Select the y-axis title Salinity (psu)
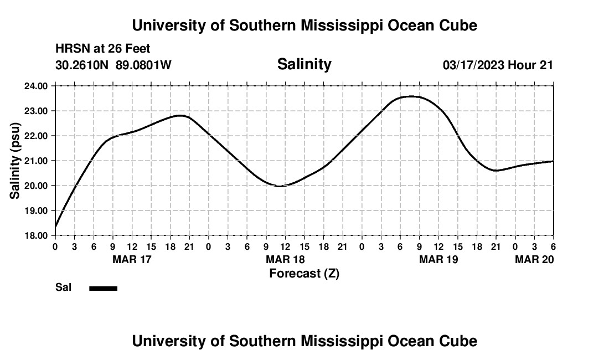point(15,161)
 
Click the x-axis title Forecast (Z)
point(304,273)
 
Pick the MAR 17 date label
point(132,259)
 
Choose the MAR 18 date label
point(285,259)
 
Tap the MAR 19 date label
point(438,259)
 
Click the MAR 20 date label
point(534,259)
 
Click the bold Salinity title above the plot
point(304,64)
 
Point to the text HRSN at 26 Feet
point(103,49)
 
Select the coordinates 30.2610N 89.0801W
point(113,65)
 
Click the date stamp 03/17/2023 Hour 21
point(498,65)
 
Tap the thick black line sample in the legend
point(103,288)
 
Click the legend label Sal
point(64,287)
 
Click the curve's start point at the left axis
point(55,227)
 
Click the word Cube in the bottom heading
point(461,341)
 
